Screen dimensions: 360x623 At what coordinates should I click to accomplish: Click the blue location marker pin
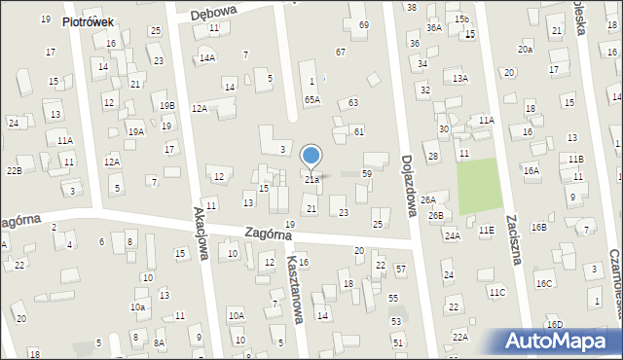(311, 156)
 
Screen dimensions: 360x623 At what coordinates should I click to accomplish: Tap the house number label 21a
(311, 179)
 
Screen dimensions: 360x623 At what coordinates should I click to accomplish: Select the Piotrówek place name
(90, 21)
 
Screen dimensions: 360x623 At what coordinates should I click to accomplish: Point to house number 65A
(311, 99)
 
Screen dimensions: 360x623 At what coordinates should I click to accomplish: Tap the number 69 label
(364, 24)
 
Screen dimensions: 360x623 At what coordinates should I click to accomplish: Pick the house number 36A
(433, 28)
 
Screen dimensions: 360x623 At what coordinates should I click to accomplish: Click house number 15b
(461, 19)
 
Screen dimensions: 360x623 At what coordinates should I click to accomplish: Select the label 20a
(526, 49)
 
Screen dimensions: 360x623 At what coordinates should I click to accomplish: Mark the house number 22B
(14, 171)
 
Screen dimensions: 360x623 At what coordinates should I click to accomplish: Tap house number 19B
(167, 105)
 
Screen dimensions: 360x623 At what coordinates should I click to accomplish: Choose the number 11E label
(486, 230)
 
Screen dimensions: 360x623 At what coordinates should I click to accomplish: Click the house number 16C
(543, 283)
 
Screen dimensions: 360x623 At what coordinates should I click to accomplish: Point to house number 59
(366, 173)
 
